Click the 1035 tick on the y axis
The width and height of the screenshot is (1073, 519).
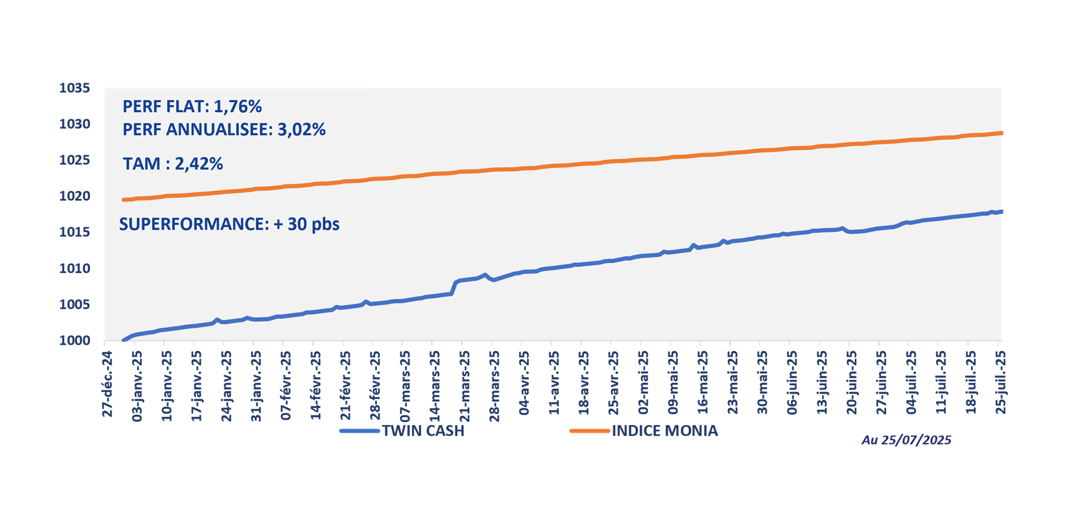pos(74,89)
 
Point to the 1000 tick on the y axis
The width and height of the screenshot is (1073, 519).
pos(74,341)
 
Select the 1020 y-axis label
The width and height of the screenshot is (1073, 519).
pos(74,197)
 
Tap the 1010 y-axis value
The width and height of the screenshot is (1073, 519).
pos(74,269)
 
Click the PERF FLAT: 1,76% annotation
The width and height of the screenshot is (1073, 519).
pos(192,107)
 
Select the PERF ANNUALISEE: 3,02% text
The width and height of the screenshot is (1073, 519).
pos(224,130)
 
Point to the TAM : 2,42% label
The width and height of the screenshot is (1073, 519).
pos(173,164)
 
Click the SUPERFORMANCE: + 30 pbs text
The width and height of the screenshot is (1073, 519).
pos(229,224)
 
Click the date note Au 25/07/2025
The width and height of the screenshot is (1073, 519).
pos(906,440)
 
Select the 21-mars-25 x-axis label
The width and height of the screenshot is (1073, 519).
pos(465,386)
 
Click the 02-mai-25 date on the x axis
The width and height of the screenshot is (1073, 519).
pos(644,384)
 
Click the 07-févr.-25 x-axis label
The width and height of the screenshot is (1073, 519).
pos(286,386)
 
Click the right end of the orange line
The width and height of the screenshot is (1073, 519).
pos(1001,133)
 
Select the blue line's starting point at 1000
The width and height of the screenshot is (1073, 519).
pos(124,341)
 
